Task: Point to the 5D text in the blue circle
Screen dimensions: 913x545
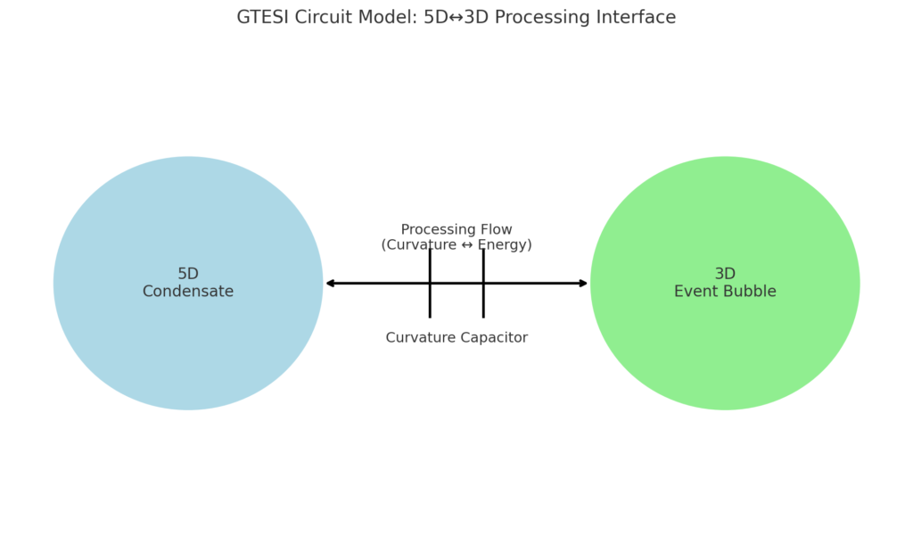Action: pos(188,274)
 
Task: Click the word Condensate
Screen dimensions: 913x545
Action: pos(188,291)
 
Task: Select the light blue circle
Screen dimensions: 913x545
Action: pos(188,283)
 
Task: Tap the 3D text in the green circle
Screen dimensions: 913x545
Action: pos(725,274)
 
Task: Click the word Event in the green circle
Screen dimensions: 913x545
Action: pos(693,291)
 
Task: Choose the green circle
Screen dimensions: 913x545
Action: pos(725,283)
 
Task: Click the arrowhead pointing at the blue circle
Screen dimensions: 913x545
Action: pos(330,284)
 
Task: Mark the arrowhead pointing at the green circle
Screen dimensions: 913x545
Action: pos(583,284)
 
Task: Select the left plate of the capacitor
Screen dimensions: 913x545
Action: pos(430,284)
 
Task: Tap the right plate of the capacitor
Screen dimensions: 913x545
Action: pos(483,284)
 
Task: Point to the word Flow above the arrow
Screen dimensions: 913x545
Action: pos(494,229)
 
